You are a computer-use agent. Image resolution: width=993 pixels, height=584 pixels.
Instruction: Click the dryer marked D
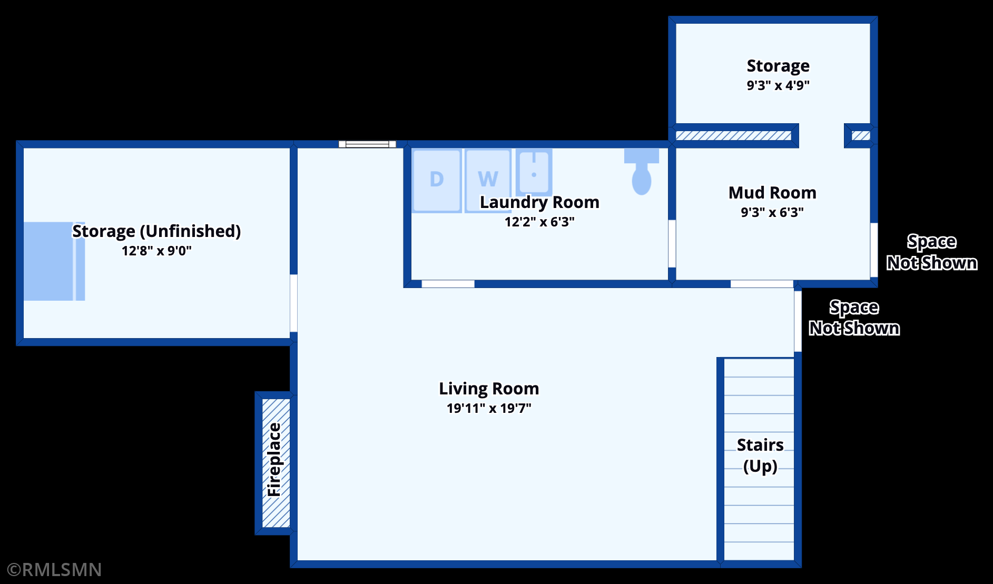437,181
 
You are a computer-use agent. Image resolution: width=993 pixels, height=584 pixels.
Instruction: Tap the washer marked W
488,181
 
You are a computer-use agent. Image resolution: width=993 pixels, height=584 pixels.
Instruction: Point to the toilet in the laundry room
642,171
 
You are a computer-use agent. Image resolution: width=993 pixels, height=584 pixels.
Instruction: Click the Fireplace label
274,459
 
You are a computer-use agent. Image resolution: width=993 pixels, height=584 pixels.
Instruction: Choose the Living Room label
489,389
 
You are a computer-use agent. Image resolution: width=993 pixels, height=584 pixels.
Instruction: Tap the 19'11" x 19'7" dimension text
489,408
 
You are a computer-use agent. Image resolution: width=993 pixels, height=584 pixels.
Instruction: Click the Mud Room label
772,193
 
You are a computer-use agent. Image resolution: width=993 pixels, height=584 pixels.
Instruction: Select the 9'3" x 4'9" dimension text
778,85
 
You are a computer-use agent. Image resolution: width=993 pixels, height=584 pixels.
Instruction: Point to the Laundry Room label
539,203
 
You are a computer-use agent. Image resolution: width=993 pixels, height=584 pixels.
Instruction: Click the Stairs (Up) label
760,456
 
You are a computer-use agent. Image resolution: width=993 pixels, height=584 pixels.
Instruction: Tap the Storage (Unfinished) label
156,231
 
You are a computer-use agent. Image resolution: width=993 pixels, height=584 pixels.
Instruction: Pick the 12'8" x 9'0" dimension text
156,251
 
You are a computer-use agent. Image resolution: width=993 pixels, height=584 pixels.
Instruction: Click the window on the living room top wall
367,144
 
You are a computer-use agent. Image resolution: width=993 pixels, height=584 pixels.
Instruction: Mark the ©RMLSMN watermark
54,570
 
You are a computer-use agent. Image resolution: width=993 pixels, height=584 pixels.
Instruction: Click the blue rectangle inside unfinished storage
54,261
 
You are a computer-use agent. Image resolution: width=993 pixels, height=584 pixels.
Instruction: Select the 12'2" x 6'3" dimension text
539,222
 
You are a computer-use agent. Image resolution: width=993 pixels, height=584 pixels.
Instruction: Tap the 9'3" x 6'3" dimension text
772,212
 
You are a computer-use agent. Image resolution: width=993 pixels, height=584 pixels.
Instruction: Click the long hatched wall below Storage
733,136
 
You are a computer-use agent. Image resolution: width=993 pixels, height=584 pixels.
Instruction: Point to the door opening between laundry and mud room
672,244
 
